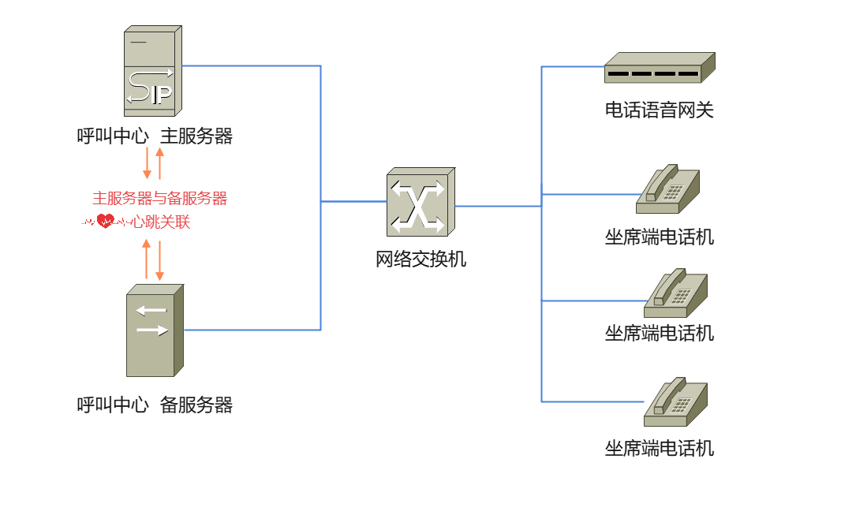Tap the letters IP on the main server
pyautogui.click(x=161, y=95)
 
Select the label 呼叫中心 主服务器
pyautogui.click(x=155, y=136)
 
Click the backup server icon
pyautogui.click(x=155, y=330)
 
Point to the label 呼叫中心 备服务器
pyautogui.click(x=155, y=405)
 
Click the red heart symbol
pyautogui.click(x=105, y=222)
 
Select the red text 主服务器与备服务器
pyautogui.click(x=159, y=198)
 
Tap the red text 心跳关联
pyautogui.click(x=161, y=222)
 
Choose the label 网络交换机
pyautogui.click(x=420, y=259)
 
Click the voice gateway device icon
pyautogui.click(x=659, y=68)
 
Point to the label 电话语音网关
pyautogui.click(x=659, y=110)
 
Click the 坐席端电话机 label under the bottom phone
pyautogui.click(x=659, y=449)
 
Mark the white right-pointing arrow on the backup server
pyautogui.click(x=152, y=330)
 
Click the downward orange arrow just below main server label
pyautogui.click(x=147, y=162)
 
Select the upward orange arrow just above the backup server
pyautogui.click(x=146, y=259)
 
